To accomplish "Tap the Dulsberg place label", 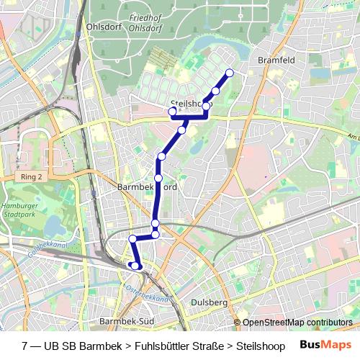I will coord(210,303).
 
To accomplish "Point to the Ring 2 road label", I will coord(32,176).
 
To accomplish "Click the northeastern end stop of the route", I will coord(230,72).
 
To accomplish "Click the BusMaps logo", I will coord(325,346).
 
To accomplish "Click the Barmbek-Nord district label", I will coord(146,186).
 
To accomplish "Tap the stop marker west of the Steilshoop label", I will coord(172,112).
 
